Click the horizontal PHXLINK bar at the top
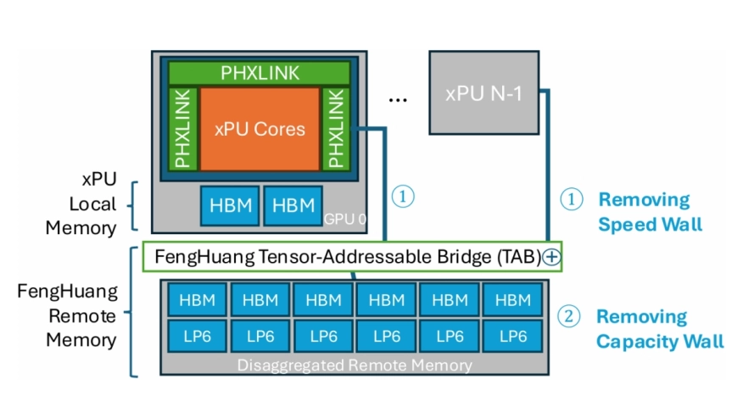[x=260, y=74]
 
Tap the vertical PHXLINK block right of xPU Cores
[x=335, y=128]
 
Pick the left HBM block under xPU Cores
[x=228, y=205]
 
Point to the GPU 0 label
[x=344, y=219]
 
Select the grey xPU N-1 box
[x=484, y=92]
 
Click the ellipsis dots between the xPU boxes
[x=398, y=99]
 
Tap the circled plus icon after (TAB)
[x=552, y=257]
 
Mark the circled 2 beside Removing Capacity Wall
[x=569, y=317]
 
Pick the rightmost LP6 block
[x=512, y=336]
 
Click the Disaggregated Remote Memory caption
[x=355, y=365]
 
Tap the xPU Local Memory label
[x=92, y=204]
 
